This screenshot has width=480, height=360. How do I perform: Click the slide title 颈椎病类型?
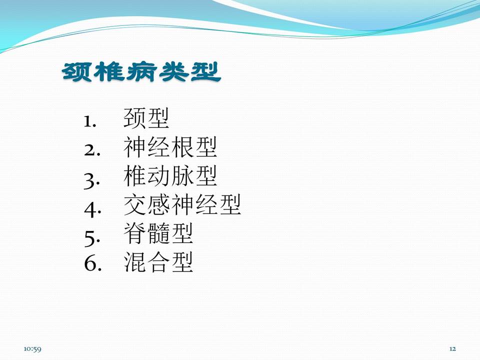pos(141,73)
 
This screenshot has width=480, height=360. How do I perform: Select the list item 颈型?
pos(146,119)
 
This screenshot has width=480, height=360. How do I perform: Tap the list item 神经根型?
pos(170,148)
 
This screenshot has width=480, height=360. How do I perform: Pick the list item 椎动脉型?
pos(170,176)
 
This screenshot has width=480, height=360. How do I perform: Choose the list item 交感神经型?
pos(182,205)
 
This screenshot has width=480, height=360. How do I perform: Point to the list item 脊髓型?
pos(158,234)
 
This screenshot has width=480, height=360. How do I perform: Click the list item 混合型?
pos(158,262)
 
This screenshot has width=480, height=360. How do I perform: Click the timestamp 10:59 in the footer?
pos(32,348)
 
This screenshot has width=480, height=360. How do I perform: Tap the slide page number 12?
pos(452,348)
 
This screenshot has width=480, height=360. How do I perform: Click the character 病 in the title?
pos(141,73)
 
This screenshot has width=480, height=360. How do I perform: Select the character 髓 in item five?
pos(158,234)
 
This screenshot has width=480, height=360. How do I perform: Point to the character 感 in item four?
pos(158,205)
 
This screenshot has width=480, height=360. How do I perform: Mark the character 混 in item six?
pos(134,262)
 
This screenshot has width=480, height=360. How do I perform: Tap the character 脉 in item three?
pos(182,176)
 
